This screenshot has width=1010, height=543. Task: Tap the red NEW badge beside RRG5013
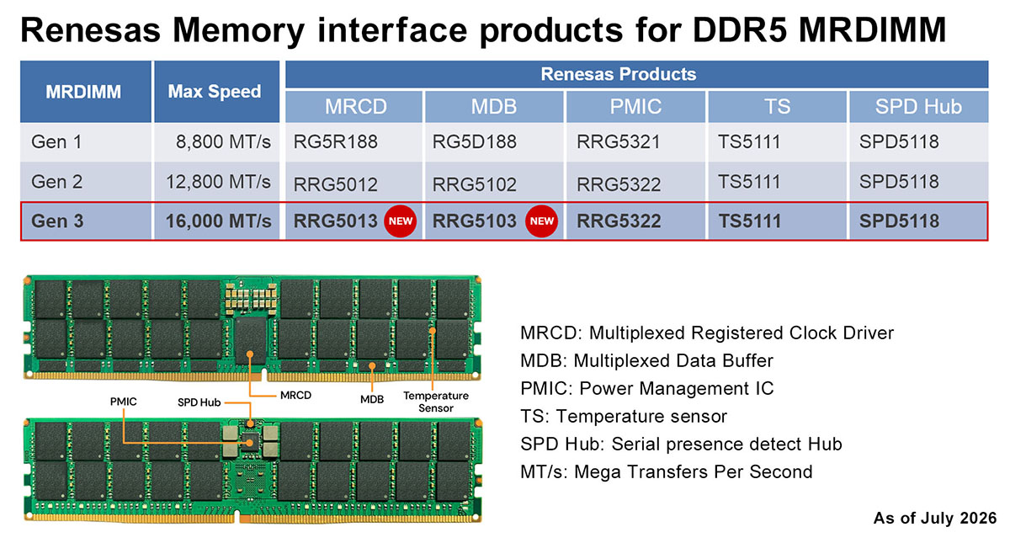pyautogui.click(x=401, y=221)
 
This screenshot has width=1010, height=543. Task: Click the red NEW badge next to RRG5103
pyautogui.click(x=541, y=221)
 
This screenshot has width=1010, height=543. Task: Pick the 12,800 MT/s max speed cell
pyautogui.click(x=218, y=182)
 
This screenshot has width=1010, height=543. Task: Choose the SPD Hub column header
pyautogui.click(x=918, y=107)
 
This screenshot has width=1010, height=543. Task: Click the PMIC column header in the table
pyautogui.click(x=635, y=107)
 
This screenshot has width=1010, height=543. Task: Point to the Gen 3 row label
pyautogui.click(x=57, y=221)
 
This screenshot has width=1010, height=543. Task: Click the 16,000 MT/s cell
pyautogui.click(x=218, y=221)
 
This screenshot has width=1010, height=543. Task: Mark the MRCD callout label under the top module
pyautogui.click(x=295, y=396)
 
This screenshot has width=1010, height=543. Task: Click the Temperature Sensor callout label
pyautogui.click(x=436, y=402)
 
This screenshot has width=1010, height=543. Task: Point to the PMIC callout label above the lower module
pyautogui.click(x=123, y=402)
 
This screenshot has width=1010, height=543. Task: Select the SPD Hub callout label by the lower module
pyautogui.click(x=199, y=402)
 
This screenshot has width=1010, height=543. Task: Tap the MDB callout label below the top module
pyautogui.click(x=372, y=399)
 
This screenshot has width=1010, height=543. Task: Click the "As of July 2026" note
pyautogui.click(x=935, y=519)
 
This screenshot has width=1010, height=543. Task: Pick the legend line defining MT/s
pyautogui.click(x=667, y=472)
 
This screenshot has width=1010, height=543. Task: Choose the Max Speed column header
pyautogui.click(x=215, y=92)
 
